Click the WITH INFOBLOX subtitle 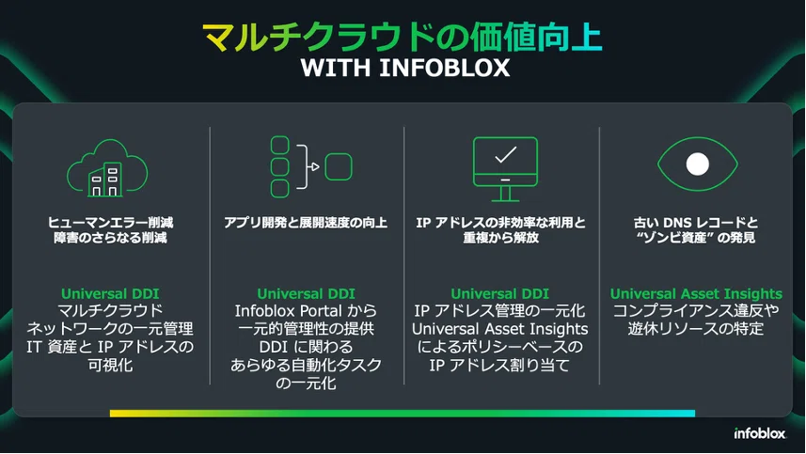pyautogui.click(x=405, y=69)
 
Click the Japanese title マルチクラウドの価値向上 pyautogui.click(x=403, y=37)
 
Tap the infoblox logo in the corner pyautogui.click(x=760, y=433)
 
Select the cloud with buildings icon pyautogui.click(x=107, y=168)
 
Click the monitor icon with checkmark pyautogui.click(x=505, y=169)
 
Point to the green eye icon pyautogui.click(x=698, y=164)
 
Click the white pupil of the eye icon pyautogui.click(x=698, y=164)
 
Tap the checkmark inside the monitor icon pyautogui.click(x=505, y=154)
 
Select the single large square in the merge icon pyautogui.click(x=339, y=167)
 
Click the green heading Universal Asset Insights pyautogui.click(x=696, y=294)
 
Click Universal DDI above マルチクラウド pyautogui.click(x=110, y=294)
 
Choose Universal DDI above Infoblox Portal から pyautogui.click(x=306, y=294)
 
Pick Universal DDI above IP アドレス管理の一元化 pyautogui.click(x=499, y=294)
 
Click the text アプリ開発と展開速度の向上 pyautogui.click(x=306, y=223)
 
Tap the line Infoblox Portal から pyautogui.click(x=306, y=311)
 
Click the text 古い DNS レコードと pyautogui.click(x=696, y=223)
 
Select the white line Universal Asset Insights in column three pyautogui.click(x=499, y=329)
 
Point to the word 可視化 pyautogui.click(x=110, y=365)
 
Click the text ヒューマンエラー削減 pyautogui.click(x=111, y=223)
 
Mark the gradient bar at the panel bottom pyautogui.click(x=403, y=414)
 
